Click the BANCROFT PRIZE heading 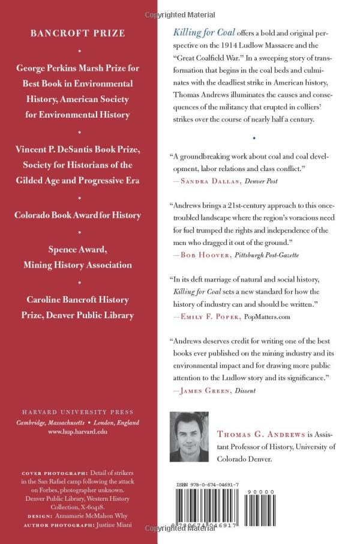pyautogui.click(x=78, y=33)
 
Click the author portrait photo pyautogui.click(x=190, y=437)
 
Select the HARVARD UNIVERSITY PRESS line pyautogui.click(x=78, y=413)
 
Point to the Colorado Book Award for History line pyautogui.click(x=78, y=215)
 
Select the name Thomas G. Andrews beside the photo pyautogui.click(x=252, y=434)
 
